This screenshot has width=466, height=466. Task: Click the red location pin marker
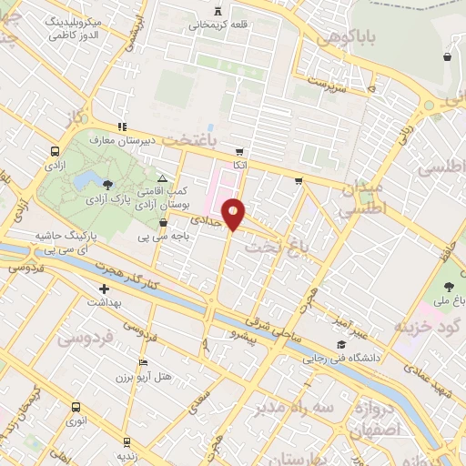(x=234, y=214)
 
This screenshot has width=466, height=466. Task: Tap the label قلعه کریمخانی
(x=216, y=25)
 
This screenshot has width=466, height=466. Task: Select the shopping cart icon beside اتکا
(x=239, y=152)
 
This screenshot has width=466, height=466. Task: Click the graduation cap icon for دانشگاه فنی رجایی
(x=340, y=344)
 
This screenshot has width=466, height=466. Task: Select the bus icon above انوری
(x=75, y=409)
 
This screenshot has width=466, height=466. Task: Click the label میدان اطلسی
(x=363, y=198)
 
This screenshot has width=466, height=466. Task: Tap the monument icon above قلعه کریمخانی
(x=216, y=11)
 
